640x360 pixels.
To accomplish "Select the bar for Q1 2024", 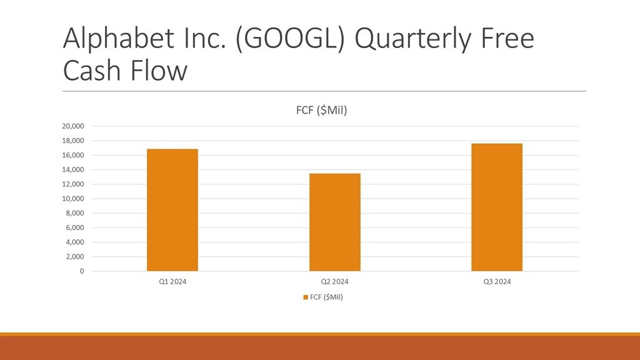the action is point(172,210).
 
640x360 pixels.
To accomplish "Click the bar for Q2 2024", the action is point(335,222).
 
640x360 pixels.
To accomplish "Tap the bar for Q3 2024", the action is point(497,207).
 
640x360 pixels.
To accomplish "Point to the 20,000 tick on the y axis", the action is point(73,126).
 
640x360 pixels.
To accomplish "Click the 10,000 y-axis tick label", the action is point(73,199).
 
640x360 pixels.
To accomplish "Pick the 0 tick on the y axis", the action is point(82,271).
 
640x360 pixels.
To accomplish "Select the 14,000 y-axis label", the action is point(73,170).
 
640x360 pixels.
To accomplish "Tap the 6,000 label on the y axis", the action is point(75,227).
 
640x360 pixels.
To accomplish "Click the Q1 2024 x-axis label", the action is point(172,282).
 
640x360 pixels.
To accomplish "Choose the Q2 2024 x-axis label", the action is point(335,282).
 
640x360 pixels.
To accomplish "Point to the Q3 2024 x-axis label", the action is point(497,282).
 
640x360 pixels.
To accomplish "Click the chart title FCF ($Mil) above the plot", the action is point(322,110).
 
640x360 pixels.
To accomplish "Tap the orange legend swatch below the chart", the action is point(305,297).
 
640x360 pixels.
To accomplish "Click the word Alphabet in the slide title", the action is point(119,38).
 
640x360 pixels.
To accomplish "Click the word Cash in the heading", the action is point(92,70).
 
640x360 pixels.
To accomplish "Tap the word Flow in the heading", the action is point(159,70).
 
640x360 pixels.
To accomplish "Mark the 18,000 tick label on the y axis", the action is point(73,141).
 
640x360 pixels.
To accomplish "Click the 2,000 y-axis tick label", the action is point(75,257).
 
